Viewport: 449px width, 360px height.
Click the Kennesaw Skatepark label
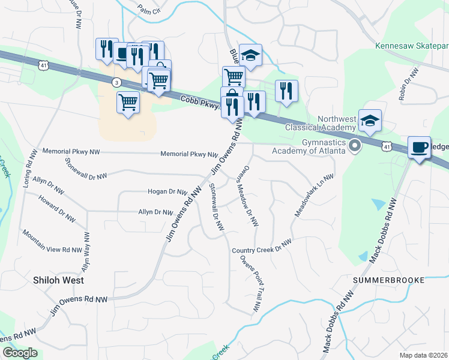coord(411,46)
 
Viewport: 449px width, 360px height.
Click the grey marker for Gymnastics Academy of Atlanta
coord(355,145)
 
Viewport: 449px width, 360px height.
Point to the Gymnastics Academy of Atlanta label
coord(315,145)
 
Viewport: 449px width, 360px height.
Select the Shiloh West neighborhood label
coord(58,280)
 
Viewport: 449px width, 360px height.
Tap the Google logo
coord(20,353)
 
